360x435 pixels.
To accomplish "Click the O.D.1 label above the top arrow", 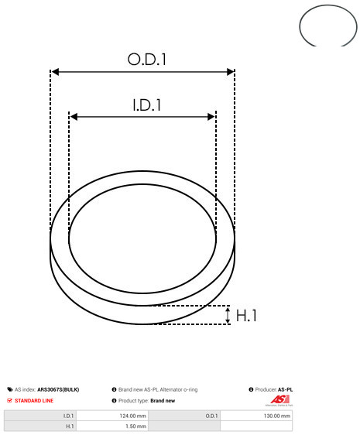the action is pyautogui.click(x=147, y=60).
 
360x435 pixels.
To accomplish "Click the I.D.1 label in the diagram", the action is pyautogui.click(x=147, y=105).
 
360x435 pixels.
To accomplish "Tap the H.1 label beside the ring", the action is pyautogui.click(x=246, y=316).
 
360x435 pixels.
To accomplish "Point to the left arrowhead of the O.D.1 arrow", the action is pyautogui.click(x=56, y=72).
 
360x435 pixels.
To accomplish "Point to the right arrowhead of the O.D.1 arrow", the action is pyautogui.click(x=231, y=72).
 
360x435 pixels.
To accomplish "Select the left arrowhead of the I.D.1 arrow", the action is pyautogui.click(x=74, y=117).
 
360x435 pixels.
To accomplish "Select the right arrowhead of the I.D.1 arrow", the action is pyautogui.click(x=211, y=117).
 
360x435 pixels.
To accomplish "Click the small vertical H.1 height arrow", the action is pyautogui.click(x=228, y=315).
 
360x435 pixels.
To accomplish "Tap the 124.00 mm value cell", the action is pyautogui.click(x=112, y=416).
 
